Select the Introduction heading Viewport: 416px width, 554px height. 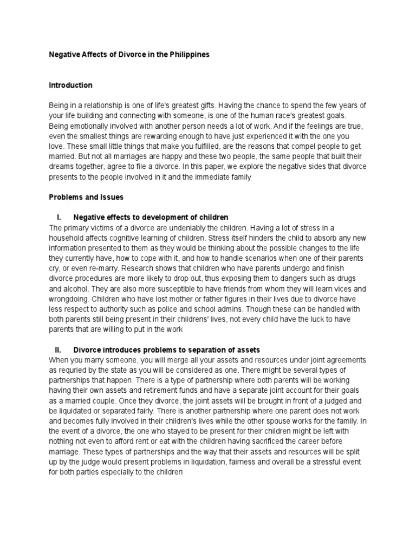click(70, 85)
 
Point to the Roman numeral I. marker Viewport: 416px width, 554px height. click(58, 217)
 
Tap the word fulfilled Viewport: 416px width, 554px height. click(190, 146)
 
